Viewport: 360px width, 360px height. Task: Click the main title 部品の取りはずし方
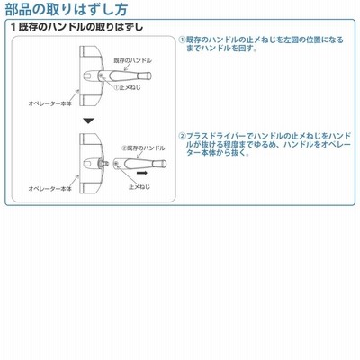click(67, 9)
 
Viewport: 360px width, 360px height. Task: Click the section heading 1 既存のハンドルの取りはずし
click(77, 27)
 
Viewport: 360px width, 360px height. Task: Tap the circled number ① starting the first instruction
click(183, 40)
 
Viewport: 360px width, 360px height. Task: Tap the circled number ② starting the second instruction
click(183, 136)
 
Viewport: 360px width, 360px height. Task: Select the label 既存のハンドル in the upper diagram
click(133, 60)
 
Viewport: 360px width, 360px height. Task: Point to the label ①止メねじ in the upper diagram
click(127, 87)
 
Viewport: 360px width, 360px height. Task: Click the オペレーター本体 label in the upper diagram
click(50, 104)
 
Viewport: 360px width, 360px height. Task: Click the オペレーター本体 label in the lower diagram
click(50, 189)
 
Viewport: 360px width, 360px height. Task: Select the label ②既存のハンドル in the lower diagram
click(143, 148)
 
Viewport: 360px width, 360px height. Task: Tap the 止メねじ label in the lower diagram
click(139, 187)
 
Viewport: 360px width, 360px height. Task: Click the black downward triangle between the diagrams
click(89, 121)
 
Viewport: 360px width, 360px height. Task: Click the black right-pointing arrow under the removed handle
click(141, 173)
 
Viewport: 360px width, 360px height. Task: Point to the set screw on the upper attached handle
click(102, 76)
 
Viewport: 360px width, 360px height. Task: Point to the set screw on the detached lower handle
click(116, 163)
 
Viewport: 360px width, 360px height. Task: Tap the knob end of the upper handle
click(148, 76)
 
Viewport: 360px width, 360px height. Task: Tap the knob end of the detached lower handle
click(163, 164)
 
